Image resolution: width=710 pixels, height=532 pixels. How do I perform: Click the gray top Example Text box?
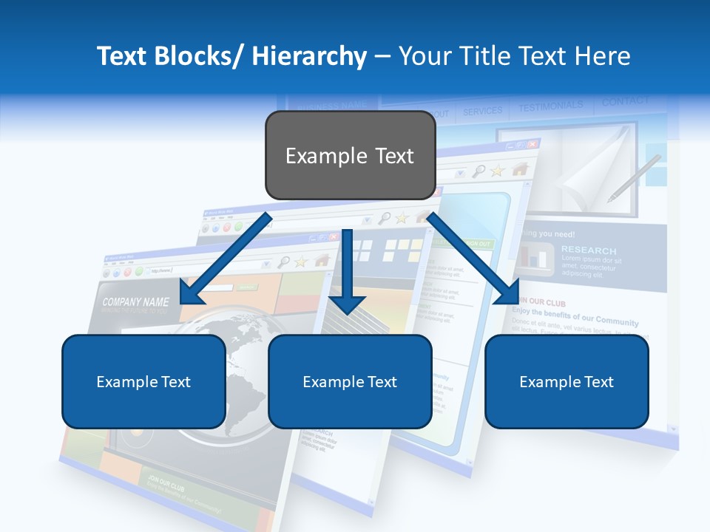pyautogui.click(x=350, y=155)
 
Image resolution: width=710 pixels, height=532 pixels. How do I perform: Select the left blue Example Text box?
pyautogui.click(x=143, y=381)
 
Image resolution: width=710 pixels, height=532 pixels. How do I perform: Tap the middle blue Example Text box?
pyautogui.click(x=350, y=381)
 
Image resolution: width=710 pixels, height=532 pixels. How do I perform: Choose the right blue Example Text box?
pyautogui.click(x=567, y=381)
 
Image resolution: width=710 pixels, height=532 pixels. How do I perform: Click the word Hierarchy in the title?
pyautogui.click(x=309, y=56)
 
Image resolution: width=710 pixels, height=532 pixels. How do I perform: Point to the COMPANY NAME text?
pyautogui.click(x=135, y=302)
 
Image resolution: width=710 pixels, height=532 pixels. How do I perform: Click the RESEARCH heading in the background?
pyautogui.click(x=588, y=250)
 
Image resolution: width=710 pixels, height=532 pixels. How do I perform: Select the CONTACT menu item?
pyautogui.click(x=625, y=101)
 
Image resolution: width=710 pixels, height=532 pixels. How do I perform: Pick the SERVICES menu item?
pyautogui.click(x=482, y=112)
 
